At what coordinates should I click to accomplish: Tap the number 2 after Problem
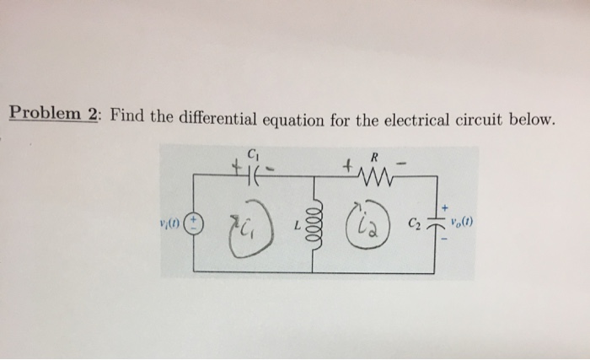91,116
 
